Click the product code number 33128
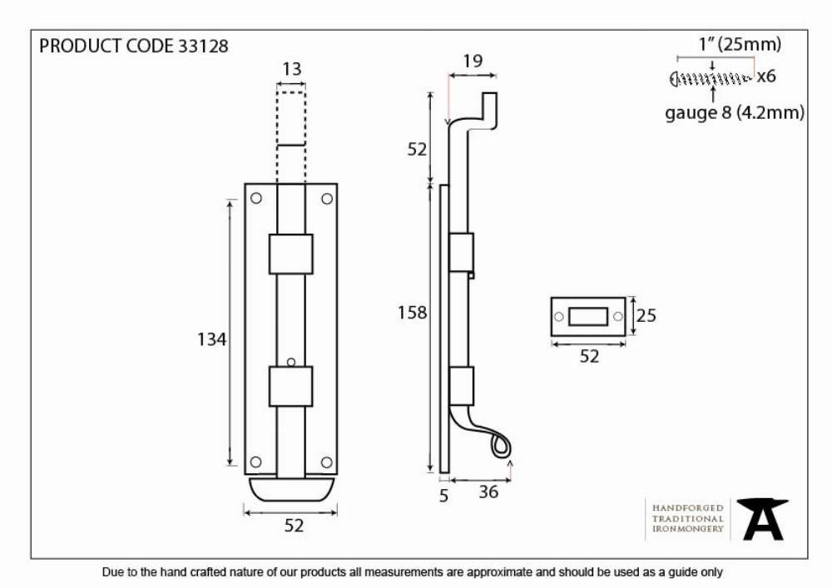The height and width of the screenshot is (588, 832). point(203,46)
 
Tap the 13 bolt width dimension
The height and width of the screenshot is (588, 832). point(292,69)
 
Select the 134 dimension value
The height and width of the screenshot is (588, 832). point(211,339)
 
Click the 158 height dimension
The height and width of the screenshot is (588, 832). point(413,313)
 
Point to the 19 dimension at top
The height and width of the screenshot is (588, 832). point(473,62)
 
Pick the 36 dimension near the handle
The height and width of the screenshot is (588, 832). point(488,492)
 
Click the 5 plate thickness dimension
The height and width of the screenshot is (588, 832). point(444,496)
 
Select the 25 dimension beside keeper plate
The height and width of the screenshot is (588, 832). point(646,316)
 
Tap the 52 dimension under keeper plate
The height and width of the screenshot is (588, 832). point(589,356)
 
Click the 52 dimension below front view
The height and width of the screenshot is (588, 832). point(294,526)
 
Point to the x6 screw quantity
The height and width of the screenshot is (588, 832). point(765,77)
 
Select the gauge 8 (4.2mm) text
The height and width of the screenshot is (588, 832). point(735,113)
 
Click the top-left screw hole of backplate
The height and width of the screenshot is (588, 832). point(255,198)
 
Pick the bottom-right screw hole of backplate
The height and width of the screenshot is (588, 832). point(327,462)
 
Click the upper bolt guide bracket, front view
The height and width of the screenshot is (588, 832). point(290,254)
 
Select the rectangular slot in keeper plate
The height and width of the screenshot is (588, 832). point(588,317)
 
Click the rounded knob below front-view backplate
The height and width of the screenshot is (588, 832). point(290,489)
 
